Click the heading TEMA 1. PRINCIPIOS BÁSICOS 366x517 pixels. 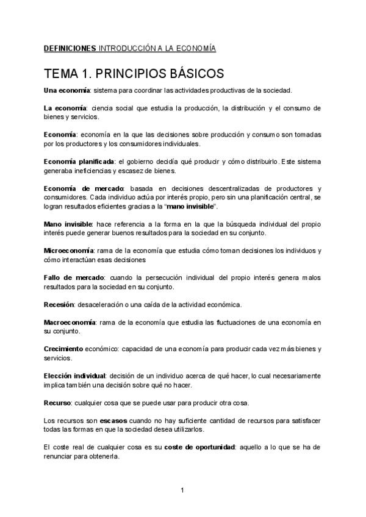(134, 74)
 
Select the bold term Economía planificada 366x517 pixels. (79, 161)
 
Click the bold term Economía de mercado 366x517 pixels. (84, 188)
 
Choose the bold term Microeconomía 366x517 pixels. (69, 251)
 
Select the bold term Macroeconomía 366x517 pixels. (70, 322)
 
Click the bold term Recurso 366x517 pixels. (57, 403)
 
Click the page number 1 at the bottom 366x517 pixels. (182, 490)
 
